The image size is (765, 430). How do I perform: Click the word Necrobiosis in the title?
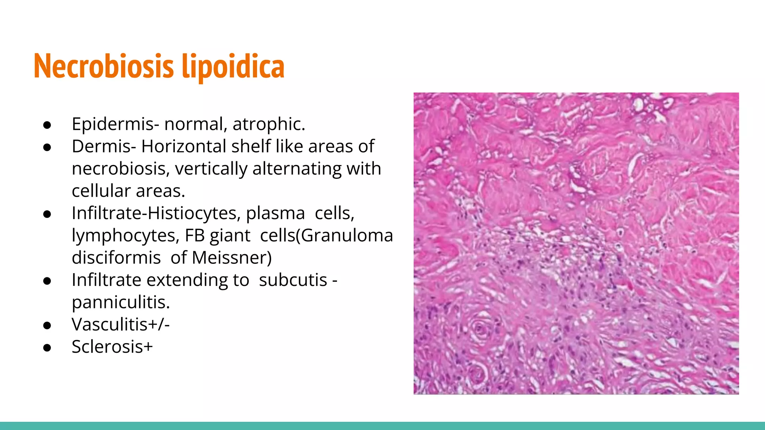click(x=103, y=66)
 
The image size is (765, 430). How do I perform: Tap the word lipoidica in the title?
click(x=233, y=66)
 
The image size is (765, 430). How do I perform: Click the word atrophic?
click(x=269, y=124)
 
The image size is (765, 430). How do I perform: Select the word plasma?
click(x=275, y=213)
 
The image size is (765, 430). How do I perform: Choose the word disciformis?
click(x=116, y=258)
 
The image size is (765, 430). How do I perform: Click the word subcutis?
click(x=293, y=280)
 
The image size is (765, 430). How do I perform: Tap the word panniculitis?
click(x=121, y=302)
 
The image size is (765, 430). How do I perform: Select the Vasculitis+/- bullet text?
click(x=121, y=324)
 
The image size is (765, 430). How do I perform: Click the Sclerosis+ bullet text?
click(x=112, y=347)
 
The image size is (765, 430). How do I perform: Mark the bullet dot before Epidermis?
click(x=47, y=125)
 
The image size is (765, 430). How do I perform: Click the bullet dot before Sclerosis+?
click(x=47, y=348)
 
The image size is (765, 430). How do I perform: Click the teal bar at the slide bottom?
click(x=382, y=426)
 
